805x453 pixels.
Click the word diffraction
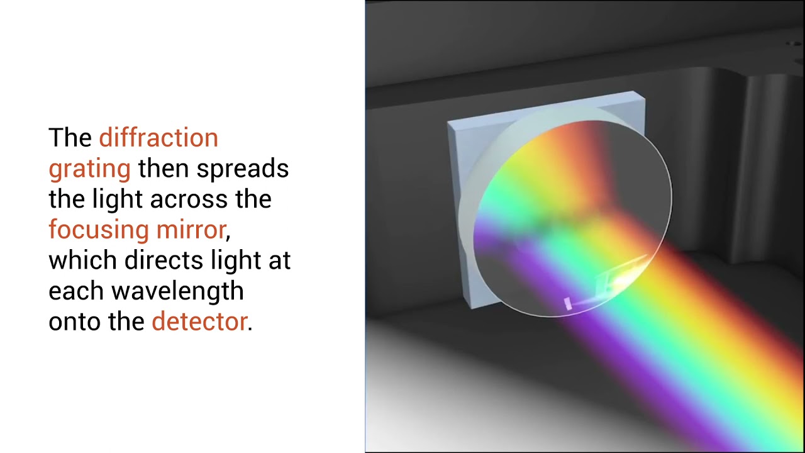[x=158, y=138]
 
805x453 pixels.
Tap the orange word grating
[x=89, y=169]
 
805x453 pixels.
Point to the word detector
[x=199, y=322]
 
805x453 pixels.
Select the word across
[x=191, y=199]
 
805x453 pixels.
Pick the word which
[x=82, y=260]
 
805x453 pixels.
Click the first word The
[x=70, y=138]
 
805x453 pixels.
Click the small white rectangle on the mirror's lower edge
[x=568, y=303]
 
